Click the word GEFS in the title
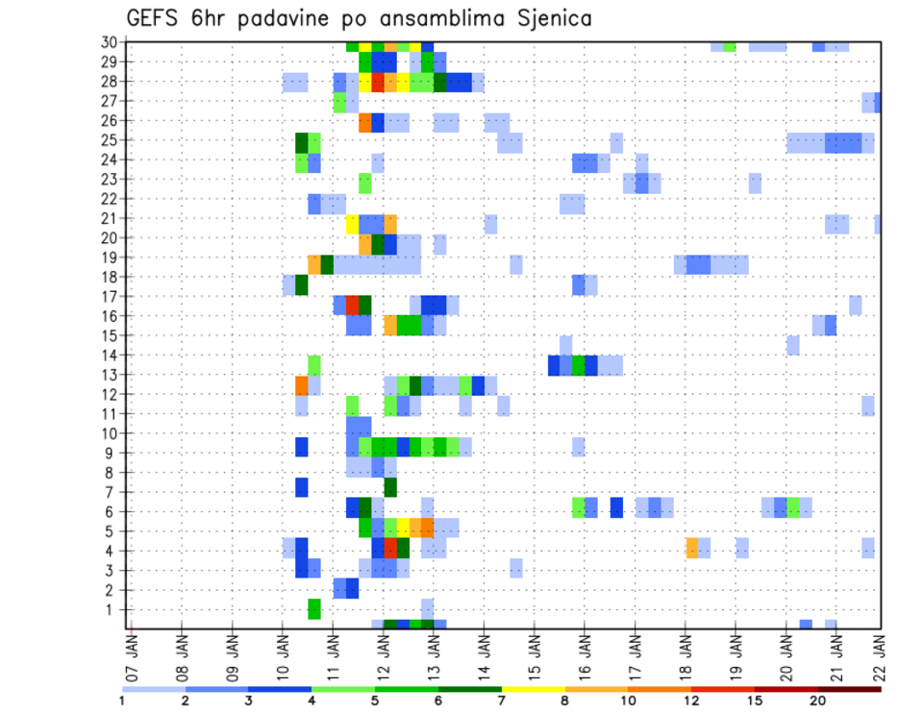(154, 18)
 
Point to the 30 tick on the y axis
(110, 42)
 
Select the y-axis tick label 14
(110, 355)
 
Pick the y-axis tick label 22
(110, 198)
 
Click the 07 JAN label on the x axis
(133, 657)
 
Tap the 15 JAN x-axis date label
(536, 657)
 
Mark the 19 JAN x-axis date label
(736, 657)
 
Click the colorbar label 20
(818, 701)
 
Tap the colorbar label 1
(123, 701)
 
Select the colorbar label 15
(756, 701)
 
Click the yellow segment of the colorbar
(534, 689)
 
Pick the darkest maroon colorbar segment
(850, 689)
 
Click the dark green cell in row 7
(390, 487)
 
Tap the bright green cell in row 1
(314, 609)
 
